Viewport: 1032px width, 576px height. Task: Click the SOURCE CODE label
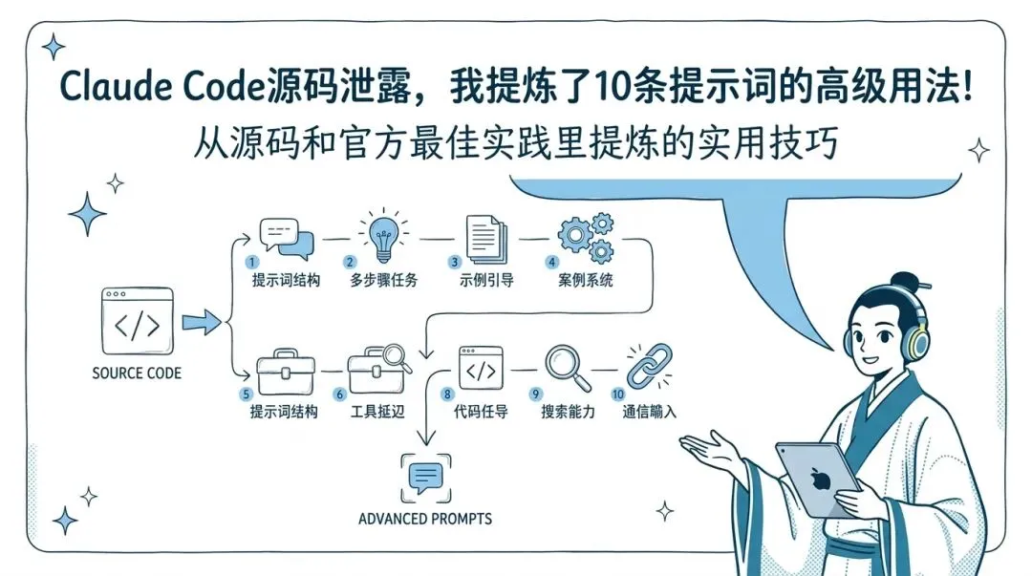[137, 373]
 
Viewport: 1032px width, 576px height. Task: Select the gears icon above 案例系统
[585, 238]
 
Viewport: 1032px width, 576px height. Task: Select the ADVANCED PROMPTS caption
[425, 519]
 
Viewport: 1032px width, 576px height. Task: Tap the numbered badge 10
[618, 394]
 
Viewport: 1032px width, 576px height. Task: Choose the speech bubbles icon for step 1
[287, 239]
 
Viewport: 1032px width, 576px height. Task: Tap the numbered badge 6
[339, 394]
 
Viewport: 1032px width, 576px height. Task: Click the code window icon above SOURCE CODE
[137, 324]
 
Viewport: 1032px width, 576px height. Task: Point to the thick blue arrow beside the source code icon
[201, 324]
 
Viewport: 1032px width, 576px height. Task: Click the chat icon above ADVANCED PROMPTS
[425, 477]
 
